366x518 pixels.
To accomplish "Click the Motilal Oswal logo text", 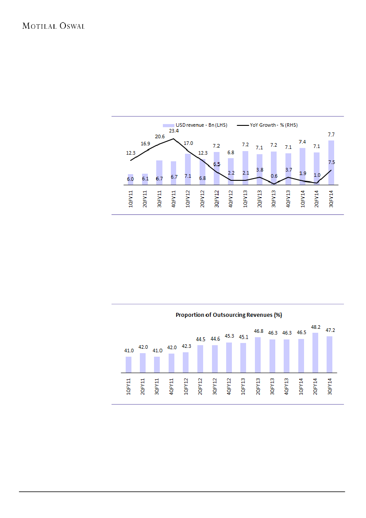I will pos(54,26).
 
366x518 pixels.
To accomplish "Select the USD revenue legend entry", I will pos(195,125).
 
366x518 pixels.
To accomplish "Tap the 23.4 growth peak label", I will pos(173,131).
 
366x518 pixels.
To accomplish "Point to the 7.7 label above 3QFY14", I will pos(331,134).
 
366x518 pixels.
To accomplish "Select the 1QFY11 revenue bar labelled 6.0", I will pos(131,179).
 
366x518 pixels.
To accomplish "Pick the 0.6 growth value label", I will pos(274,176).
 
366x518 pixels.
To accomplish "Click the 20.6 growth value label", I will pos(159,137).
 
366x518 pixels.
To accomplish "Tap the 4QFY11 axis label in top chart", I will pos(174,198).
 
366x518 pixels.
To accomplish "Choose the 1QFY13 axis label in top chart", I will pos(246,198).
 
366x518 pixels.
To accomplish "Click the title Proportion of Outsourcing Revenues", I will pos(229,315).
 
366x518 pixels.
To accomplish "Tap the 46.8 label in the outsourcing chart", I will pos(258,331).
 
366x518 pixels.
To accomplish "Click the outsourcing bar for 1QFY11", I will pos(129,364).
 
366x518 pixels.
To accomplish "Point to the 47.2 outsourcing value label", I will pos(330,330).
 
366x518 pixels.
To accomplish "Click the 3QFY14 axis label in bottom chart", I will pos(330,386).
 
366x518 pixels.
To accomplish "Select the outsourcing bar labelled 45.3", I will pos(229,357).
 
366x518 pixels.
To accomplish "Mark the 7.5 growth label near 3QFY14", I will pos(331,163).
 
